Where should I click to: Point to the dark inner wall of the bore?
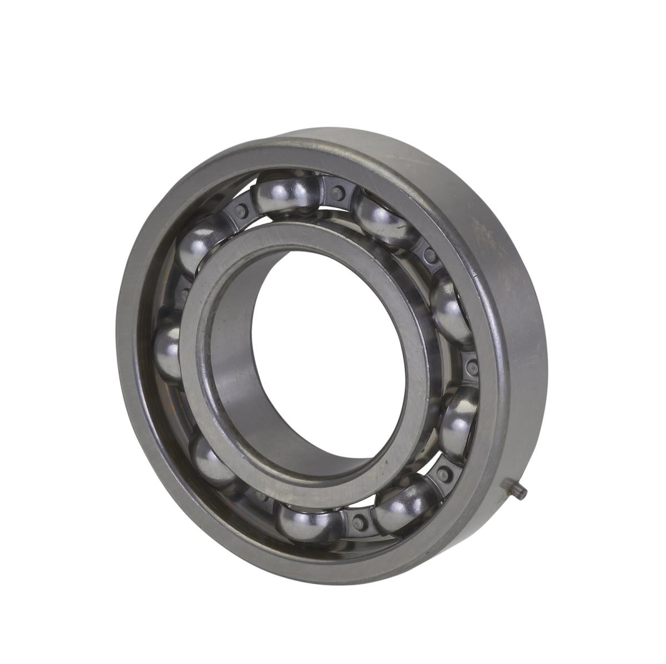(244, 389)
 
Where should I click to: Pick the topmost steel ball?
(285, 189)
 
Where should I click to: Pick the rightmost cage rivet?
(472, 367)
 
